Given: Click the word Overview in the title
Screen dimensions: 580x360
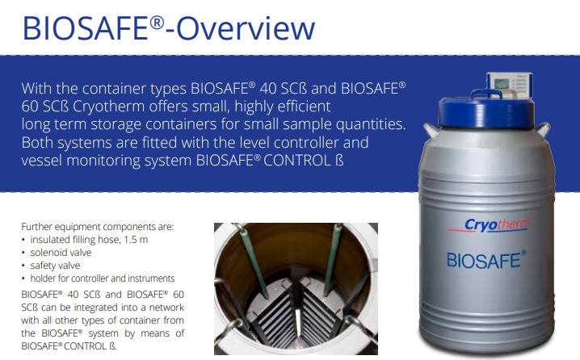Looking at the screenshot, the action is [246, 28].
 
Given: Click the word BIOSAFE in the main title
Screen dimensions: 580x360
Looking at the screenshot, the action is [86, 28].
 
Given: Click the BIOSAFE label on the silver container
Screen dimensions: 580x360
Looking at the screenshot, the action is [485, 260].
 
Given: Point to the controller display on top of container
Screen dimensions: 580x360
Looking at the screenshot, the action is [510, 86].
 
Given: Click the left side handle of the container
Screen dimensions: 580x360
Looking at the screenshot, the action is [431, 130].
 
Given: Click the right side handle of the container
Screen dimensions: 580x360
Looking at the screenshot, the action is [542, 130].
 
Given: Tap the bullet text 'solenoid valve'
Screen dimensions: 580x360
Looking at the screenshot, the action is [61, 253].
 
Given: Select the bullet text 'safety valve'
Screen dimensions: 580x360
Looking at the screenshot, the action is [55, 266].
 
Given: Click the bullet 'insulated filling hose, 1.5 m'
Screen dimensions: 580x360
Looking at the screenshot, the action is [89, 240].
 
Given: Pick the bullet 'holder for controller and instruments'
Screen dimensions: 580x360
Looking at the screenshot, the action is [103, 278].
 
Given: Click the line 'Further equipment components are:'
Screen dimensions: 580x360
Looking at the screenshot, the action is [97, 227].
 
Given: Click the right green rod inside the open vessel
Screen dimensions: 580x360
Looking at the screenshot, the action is [332, 259].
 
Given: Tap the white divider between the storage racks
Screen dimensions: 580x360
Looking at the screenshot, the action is [298, 322].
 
